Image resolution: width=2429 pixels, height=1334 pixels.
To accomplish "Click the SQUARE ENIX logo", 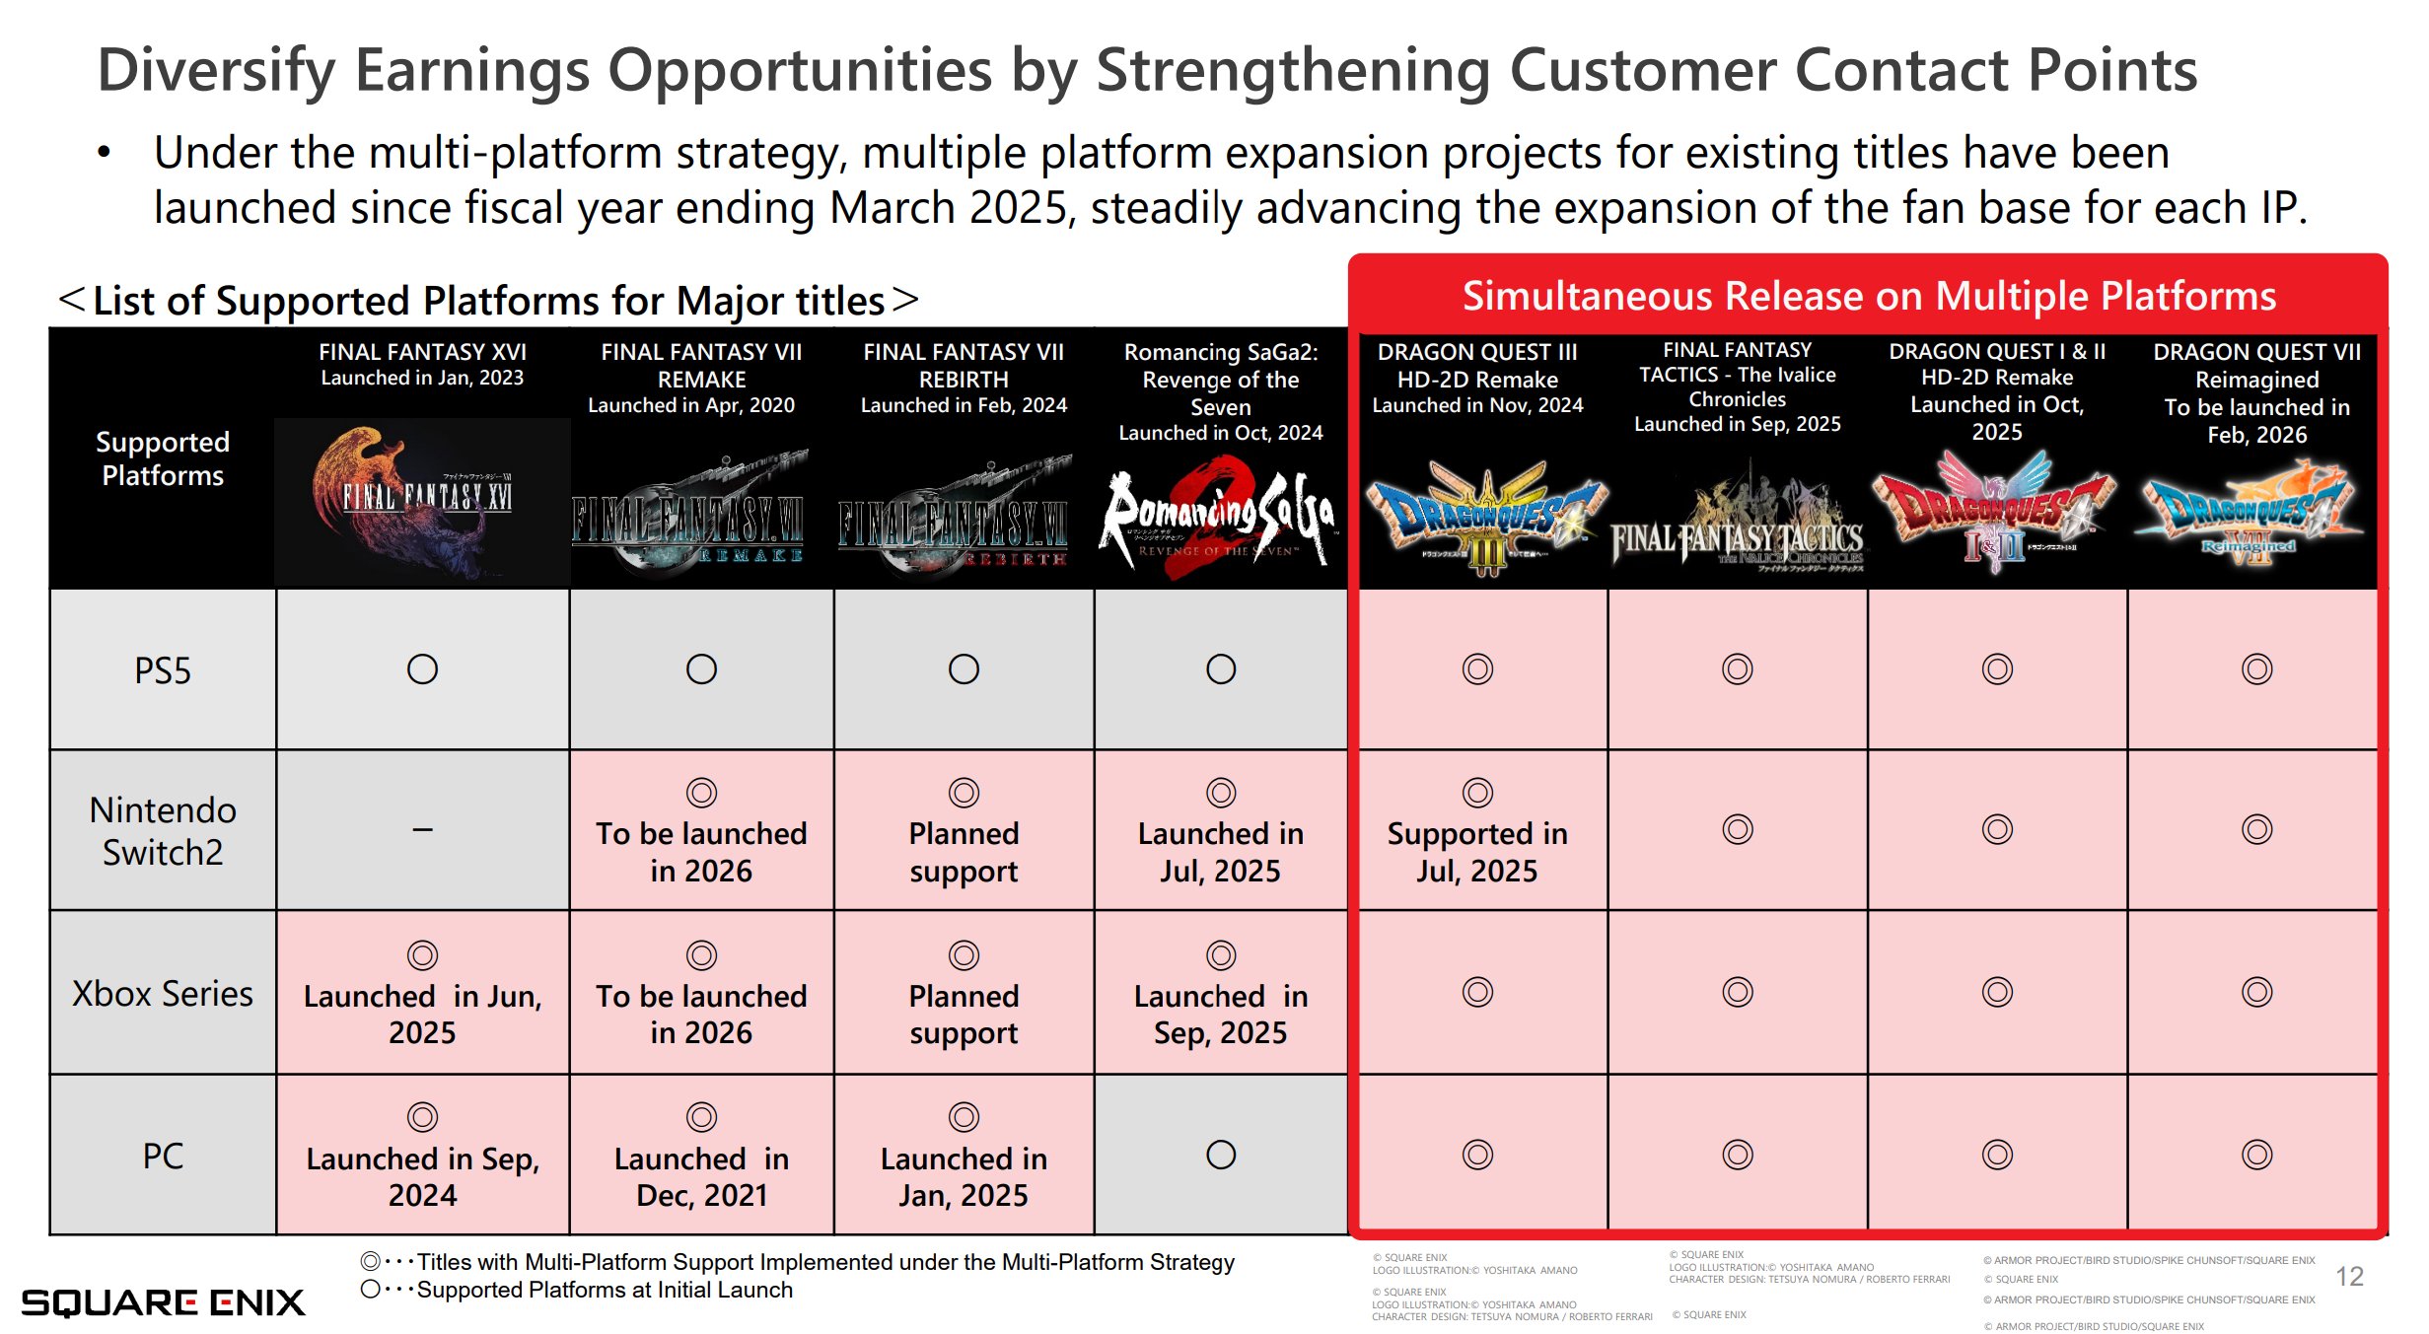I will pyautogui.click(x=163, y=1302).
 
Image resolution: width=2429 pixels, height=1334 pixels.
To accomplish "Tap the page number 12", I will pyautogui.click(x=2349, y=1277).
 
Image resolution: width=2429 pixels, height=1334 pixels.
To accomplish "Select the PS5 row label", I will pyautogui.click(x=163, y=671).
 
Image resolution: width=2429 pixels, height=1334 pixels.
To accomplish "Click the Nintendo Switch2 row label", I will pyautogui.click(x=163, y=830).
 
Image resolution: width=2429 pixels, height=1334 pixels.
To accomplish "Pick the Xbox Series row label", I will pyautogui.click(x=163, y=993).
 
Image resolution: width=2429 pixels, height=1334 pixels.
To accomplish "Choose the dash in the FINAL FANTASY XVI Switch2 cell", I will pyautogui.click(x=422, y=830).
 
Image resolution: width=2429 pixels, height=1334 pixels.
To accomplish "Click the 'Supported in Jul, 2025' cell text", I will pyautogui.click(x=1477, y=852).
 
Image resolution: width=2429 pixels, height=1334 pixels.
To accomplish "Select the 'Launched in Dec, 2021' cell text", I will pyautogui.click(x=701, y=1176).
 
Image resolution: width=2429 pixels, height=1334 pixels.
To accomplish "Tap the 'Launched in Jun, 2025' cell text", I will pyautogui.click(x=422, y=1014).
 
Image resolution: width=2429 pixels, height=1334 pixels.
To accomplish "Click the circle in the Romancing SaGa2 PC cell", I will pyautogui.click(x=1221, y=1155).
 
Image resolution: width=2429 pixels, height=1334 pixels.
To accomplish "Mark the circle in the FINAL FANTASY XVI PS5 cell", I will pyautogui.click(x=422, y=669).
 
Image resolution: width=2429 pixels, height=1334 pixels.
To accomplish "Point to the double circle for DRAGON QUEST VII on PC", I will pyautogui.click(x=2256, y=1155).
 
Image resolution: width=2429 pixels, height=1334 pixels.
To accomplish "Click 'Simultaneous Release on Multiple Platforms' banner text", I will pyautogui.click(x=1869, y=296).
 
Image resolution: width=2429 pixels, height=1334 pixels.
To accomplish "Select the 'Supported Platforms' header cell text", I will pyautogui.click(x=163, y=458).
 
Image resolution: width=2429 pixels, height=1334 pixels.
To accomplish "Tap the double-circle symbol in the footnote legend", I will pyautogui.click(x=371, y=1261).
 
